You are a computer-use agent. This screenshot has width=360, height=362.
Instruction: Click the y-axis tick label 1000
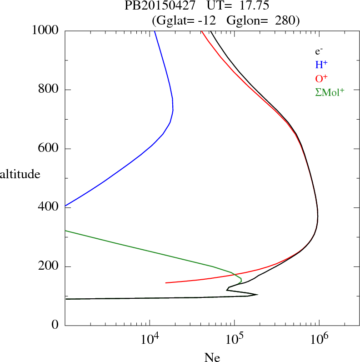[x=46, y=31]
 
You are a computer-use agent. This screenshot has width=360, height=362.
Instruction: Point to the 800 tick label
[x=49, y=90]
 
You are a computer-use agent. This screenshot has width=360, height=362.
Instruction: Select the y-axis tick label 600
[x=49, y=149]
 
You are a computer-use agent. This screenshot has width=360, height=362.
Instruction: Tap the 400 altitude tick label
[x=49, y=207]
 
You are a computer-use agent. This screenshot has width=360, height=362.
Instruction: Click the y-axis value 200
[x=49, y=266]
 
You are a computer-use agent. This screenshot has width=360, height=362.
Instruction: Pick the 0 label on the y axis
[x=55, y=325]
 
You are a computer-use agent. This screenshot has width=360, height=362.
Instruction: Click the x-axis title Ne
[x=212, y=357]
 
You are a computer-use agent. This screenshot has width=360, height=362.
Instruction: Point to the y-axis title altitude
[x=20, y=174]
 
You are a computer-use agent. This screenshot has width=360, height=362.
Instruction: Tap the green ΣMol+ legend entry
[x=330, y=92]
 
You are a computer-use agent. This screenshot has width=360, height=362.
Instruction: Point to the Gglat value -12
[x=207, y=20]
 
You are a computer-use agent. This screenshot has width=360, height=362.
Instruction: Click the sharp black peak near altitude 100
[x=257, y=295]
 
